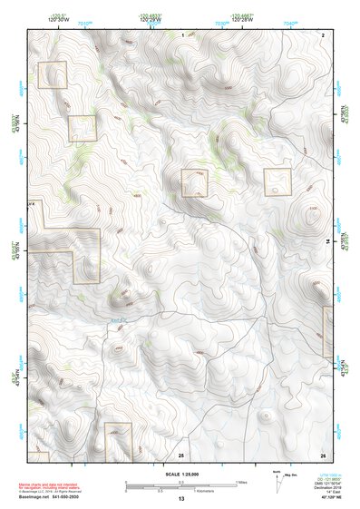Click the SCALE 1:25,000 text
pyautogui.click(x=181, y=474)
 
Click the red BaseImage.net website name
pyautogui.click(x=36, y=496)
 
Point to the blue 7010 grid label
pyautogui.click(x=84, y=24)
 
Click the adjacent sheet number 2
pyautogui.click(x=323, y=34)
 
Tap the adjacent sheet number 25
pyautogui.click(x=181, y=454)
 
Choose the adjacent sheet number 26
pyautogui.click(x=323, y=454)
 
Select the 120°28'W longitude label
pyautogui.click(x=241, y=19)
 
